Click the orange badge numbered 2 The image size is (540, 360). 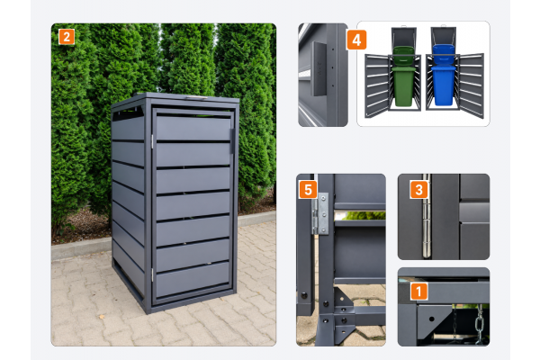point(67,37)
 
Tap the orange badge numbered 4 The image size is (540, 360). point(356,40)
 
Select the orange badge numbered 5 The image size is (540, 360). point(308,190)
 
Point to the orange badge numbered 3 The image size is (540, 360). point(418,190)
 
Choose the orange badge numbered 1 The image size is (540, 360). point(418,291)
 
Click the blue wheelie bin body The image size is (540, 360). point(443,85)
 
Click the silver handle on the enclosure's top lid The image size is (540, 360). point(197,97)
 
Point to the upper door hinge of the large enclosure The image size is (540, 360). point(152,141)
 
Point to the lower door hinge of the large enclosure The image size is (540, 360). point(152,274)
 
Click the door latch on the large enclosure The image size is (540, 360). point(233,141)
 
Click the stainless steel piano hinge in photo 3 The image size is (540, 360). point(427,216)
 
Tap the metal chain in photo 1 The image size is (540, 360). point(479,325)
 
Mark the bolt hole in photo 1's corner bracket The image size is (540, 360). point(431,319)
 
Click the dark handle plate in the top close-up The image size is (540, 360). point(319,69)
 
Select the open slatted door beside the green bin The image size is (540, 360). point(377,86)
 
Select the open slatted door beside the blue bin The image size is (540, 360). point(471,86)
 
